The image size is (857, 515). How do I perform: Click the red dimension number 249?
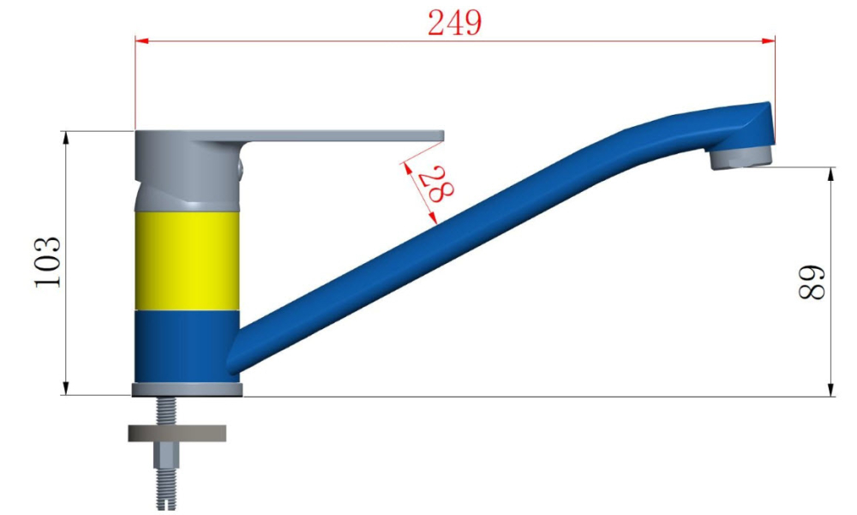tap(454, 23)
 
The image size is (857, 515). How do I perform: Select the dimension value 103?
tap(48, 262)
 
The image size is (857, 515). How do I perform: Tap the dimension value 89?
tap(811, 282)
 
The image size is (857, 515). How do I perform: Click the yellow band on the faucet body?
tap(187, 260)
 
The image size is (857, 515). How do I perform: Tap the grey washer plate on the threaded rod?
tap(177, 433)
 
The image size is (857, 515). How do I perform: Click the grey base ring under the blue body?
tap(188, 389)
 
